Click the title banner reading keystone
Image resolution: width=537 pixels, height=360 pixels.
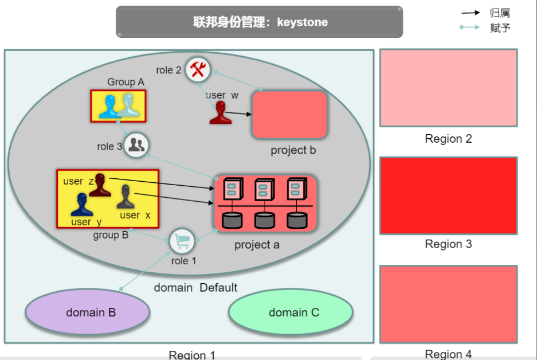(x=260, y=22)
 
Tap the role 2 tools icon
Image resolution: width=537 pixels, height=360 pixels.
(x=198, y=70)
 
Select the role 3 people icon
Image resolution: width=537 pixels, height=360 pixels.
(x=136, y=145)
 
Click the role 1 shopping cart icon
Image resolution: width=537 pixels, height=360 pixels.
(x=182, y=241)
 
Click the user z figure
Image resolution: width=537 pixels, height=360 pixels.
(x=100, y=185)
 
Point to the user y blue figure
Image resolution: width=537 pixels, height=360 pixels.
(x=82, y=205)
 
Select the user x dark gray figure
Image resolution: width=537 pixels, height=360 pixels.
(x=127, y=197)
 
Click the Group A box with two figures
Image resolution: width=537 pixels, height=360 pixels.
(x=118, y=105)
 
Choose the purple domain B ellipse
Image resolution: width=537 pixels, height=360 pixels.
(x=88, y=312)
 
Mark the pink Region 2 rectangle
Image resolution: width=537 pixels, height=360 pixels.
(x=448, y=88)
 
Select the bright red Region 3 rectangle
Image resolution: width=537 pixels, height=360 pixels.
(x=448, y=195)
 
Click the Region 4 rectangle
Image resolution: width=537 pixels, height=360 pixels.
(x=448, y=304)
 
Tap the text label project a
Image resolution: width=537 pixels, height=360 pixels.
(x=257, y=245)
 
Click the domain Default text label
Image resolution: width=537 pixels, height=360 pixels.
(x=195, y=287)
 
